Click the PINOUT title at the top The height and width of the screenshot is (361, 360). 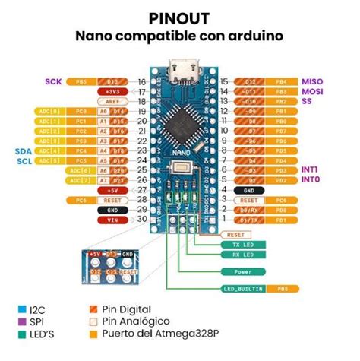tap(180, 17)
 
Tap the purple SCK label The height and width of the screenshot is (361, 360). tap(53, 81)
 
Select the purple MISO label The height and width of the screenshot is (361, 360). tap(311, 81)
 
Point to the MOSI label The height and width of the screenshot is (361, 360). tap(311, 91)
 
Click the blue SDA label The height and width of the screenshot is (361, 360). tap(23, 150)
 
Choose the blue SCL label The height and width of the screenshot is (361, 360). tap(23, 160)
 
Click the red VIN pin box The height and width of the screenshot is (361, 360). tap(112, 220)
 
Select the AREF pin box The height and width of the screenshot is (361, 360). tap(112, 101)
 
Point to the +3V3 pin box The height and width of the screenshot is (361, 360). tap(112, 91)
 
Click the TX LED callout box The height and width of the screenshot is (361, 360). tap(235, 245)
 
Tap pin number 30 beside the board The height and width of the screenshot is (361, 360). tap(141, 220)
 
